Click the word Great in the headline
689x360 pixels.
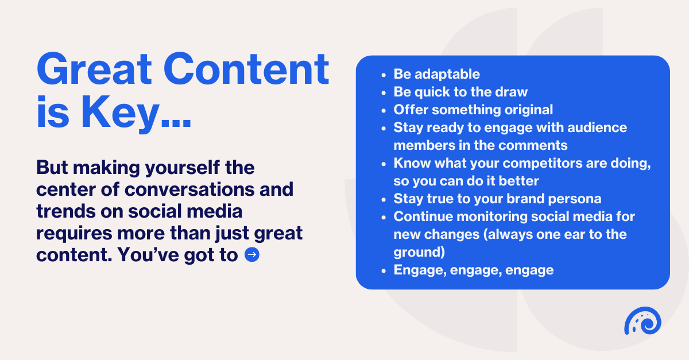point(94,69)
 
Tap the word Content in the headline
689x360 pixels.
point(246,69)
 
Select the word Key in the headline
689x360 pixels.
point(121,113)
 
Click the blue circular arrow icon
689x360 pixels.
point(252,255)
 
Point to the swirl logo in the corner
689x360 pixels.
point(642,320)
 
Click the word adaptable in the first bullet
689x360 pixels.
point(447,74)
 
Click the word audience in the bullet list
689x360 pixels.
point(597,127)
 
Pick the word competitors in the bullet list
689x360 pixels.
point(543,164)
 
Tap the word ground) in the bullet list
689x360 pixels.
point(419,252)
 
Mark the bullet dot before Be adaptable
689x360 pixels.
point(384,75)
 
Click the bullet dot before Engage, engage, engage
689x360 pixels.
point(384,271)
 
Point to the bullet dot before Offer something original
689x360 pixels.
point(384,110)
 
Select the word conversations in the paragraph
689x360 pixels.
point(189,189)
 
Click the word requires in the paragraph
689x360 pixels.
point(74,234)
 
